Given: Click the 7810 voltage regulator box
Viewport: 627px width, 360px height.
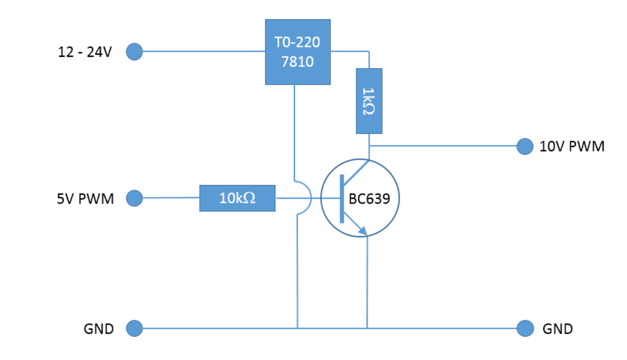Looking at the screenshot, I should point(298,52).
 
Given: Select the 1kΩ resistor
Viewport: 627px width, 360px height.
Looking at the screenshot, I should point(369,101).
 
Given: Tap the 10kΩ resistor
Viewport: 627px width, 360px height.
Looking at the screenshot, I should point(237,198).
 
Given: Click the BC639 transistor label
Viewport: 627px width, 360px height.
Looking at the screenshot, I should point(370,198).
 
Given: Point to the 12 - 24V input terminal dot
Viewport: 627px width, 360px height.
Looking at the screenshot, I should point(134,52).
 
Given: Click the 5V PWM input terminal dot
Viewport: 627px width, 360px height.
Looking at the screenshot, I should point(134,198).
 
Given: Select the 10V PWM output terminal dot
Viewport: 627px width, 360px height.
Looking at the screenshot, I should point(525,147).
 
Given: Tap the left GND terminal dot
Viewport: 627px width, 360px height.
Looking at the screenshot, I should point(134,329).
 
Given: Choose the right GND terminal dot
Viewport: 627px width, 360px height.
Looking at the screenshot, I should point(525,329).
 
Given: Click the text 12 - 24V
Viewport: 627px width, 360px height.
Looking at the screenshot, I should point(85,52).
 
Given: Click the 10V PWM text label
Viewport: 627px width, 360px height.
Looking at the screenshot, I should point(572,147).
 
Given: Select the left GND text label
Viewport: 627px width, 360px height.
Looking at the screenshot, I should point(99,329).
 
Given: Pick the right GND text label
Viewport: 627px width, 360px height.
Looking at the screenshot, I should point(558,329).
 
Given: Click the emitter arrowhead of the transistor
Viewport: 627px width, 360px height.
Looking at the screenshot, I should point(362,231).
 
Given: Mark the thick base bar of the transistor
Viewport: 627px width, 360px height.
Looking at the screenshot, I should point(342,198).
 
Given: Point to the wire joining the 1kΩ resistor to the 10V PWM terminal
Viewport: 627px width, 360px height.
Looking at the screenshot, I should point(446,147).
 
